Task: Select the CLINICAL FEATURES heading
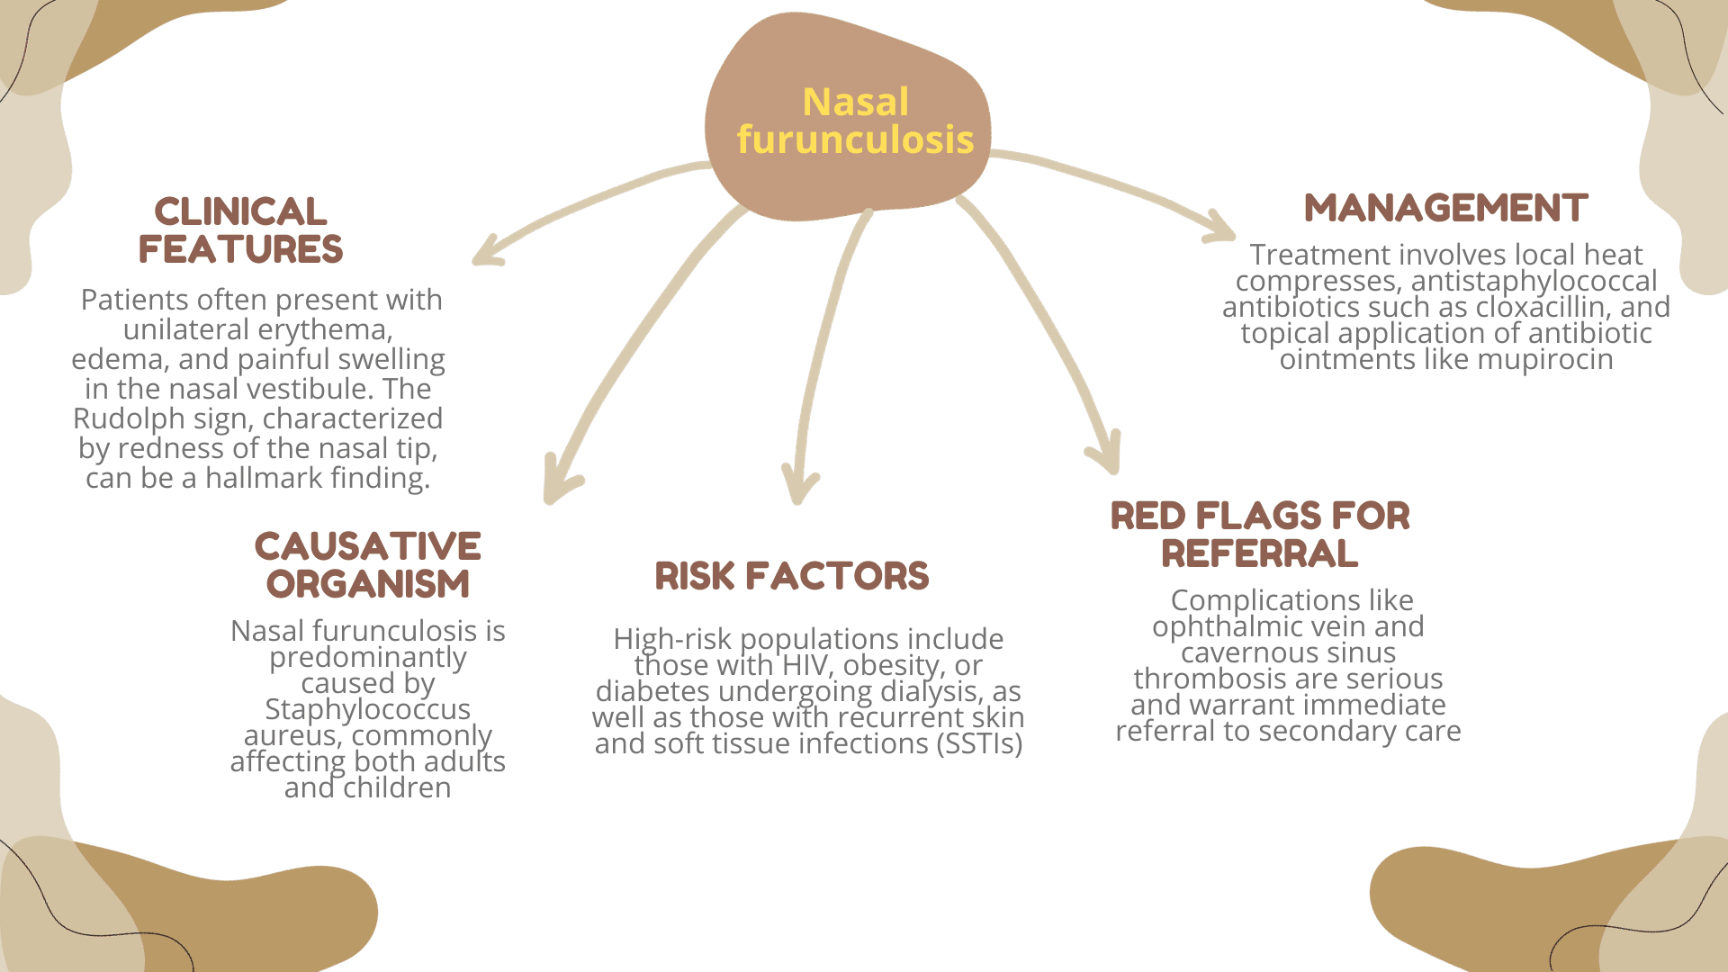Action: coord(240,231)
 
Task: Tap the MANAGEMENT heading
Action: coord(1445,209)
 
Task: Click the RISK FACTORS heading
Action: coord(791,577)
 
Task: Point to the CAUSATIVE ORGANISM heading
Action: coord(368,565)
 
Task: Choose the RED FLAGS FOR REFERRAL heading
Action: coord(1260,535)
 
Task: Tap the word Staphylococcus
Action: coord(367,709)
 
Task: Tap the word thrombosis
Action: coord(1206,679)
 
